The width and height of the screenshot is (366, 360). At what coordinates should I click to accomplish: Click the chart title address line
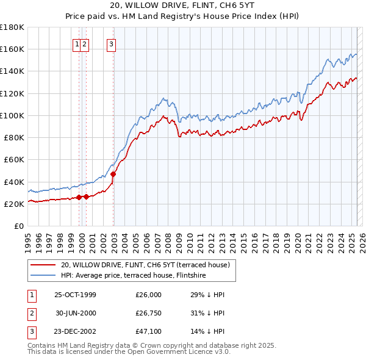[x=182, y=5]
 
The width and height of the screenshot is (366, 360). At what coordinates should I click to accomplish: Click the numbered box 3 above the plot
[x=112, y=43]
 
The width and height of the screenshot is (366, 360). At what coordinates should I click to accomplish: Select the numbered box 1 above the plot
[x=77, y=43]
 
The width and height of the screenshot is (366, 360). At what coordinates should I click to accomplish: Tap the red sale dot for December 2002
[x=113, y=174]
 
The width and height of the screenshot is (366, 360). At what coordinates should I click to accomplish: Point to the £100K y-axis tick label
[x=12, y=115]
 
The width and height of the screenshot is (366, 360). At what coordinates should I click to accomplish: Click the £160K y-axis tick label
[x=12, y=49]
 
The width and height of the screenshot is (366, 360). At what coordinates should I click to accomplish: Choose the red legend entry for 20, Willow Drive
[x=145, y=265]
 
